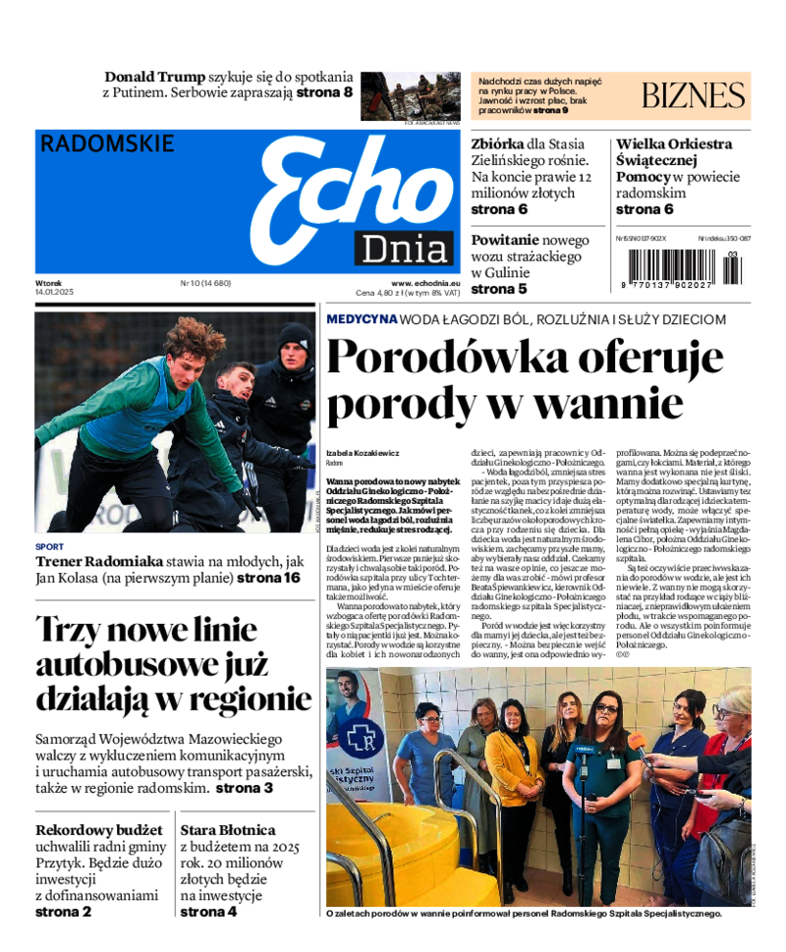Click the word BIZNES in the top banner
693,95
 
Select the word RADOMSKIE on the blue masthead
107,143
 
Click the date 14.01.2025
54,293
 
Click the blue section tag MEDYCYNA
362,319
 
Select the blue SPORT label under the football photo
49,546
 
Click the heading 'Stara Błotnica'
227,830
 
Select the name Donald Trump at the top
155,77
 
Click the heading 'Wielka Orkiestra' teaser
674,144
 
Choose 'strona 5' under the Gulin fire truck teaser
499,289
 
